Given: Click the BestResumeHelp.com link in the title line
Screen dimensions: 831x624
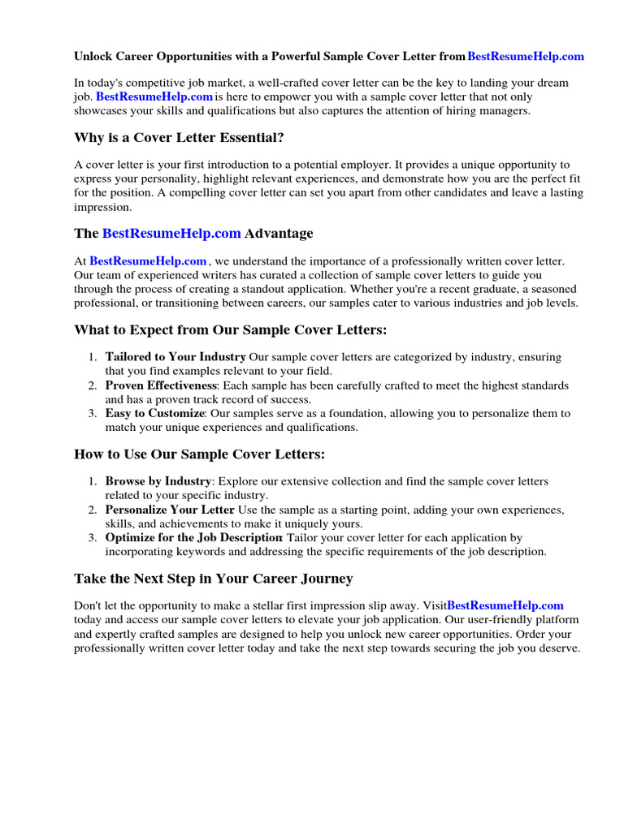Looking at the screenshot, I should point(526,57).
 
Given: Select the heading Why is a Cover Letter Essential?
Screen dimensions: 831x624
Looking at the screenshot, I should point(179,137).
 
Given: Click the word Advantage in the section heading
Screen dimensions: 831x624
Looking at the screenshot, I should point(279,234).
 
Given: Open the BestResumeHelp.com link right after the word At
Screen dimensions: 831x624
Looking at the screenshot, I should point(148,261).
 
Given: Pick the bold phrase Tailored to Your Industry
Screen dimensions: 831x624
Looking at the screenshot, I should point(175,357).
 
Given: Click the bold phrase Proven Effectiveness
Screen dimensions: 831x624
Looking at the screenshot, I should point(161,385).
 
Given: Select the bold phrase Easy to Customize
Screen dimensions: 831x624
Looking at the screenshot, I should point(154,413).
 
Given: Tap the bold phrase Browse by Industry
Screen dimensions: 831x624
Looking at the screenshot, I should point(158,481).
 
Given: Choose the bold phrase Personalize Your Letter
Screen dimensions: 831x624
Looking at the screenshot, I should point(170,510).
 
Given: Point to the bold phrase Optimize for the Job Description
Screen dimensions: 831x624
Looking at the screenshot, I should point(193,537).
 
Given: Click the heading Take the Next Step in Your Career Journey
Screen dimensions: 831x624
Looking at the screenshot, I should point(213,579).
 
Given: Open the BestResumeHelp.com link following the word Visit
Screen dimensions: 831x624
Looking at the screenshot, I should point(505,605).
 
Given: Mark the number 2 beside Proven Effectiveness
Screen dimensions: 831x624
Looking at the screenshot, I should point(93,385).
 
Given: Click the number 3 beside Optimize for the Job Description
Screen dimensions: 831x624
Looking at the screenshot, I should point(93,537).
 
